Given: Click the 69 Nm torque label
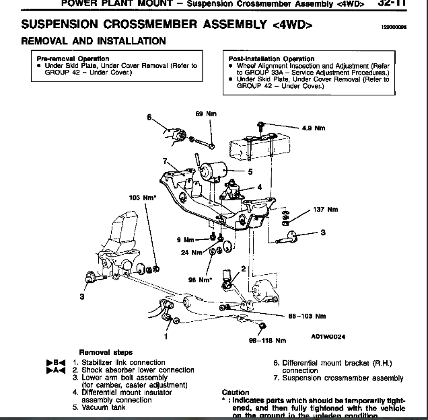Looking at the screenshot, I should click(204, 114).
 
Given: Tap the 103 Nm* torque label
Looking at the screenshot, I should click(143, 198).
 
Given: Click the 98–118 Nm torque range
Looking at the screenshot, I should click(267, 340).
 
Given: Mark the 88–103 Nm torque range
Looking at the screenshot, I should click(307, 316).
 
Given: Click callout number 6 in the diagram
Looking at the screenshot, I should click(149, 117).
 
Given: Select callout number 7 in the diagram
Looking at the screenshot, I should click(164, 161).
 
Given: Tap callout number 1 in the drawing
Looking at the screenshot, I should click(166, 330).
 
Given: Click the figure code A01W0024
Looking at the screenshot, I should click(327, 337).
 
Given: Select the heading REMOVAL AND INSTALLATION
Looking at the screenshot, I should click(94, 41).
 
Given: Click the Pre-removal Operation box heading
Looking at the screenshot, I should click(73, 58).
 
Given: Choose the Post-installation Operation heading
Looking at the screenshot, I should click(271, 59).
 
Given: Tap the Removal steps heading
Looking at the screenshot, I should click(106, 352).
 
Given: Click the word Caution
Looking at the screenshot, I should click(235, 392).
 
